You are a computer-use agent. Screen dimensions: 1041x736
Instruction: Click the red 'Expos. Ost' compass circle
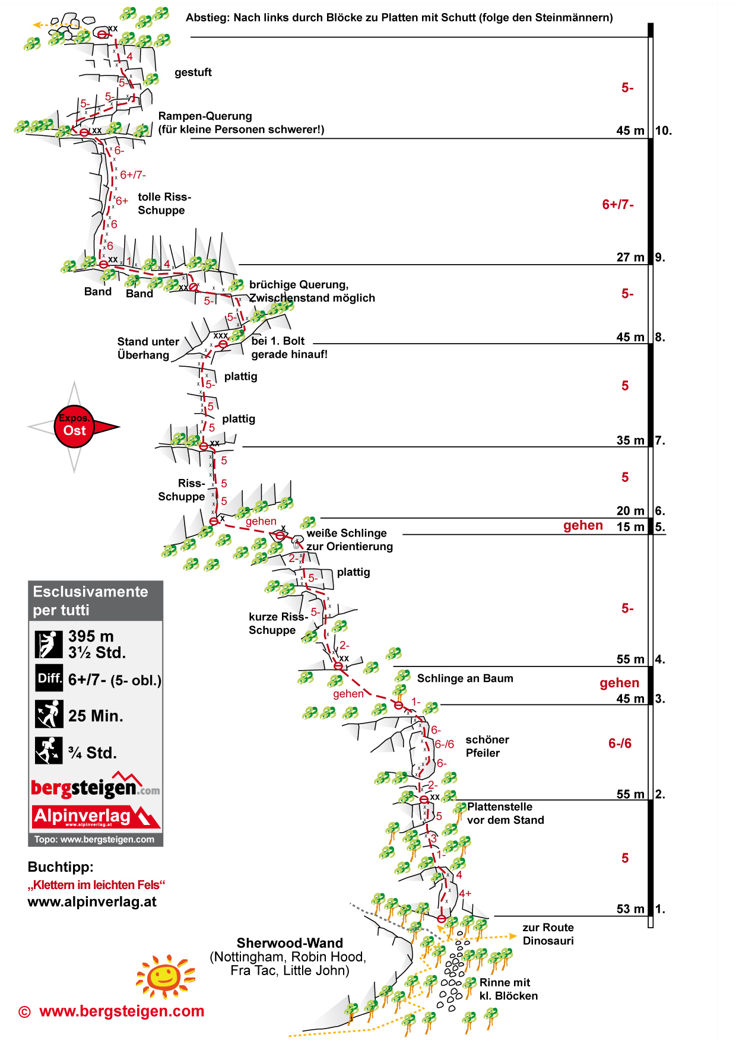tap(75, 426)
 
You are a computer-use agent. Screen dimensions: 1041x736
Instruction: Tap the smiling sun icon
tap(164, 976)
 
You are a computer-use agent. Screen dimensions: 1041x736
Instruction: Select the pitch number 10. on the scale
tap(664, 131)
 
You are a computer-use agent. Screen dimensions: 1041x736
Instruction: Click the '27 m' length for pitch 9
tap(630, 257)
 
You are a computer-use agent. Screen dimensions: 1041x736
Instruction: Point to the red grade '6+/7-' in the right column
tap(618, 205)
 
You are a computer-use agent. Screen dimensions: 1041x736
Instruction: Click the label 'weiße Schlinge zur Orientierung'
tap(349, 539)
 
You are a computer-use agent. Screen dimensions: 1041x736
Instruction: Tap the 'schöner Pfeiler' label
tap(487, 746)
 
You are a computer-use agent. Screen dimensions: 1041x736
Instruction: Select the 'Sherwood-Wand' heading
tap(290, 943)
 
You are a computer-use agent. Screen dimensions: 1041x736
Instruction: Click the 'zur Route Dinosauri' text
tap(548, 934)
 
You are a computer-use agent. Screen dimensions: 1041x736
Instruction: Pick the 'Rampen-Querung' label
tap(205, 116)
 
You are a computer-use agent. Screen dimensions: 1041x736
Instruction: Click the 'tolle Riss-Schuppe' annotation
tap(164, 204)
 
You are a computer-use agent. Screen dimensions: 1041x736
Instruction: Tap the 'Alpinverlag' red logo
tap(96, 817)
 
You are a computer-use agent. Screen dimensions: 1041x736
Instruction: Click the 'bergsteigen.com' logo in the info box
tap(95, 787)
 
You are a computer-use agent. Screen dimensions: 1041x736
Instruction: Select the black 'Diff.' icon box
tap(49, 678)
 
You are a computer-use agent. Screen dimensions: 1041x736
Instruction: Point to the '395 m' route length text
tap(91, 636)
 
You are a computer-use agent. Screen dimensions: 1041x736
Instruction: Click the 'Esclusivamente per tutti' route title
tap(90, 601)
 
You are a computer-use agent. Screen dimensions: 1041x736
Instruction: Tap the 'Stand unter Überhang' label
tap(148, 348)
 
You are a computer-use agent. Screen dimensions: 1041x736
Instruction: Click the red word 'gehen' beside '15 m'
tap(583, 526)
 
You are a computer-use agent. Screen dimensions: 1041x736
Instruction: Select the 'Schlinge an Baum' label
tap(465, 678)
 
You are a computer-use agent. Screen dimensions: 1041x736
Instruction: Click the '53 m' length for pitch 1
tap(630, 909)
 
